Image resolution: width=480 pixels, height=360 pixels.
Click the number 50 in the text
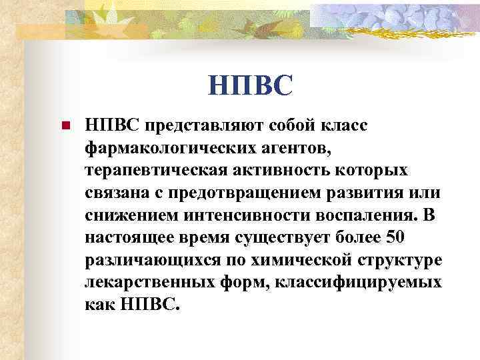[386, 238]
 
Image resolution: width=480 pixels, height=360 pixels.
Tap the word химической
[289, 261]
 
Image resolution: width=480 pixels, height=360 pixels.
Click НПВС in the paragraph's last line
[146, 305]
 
